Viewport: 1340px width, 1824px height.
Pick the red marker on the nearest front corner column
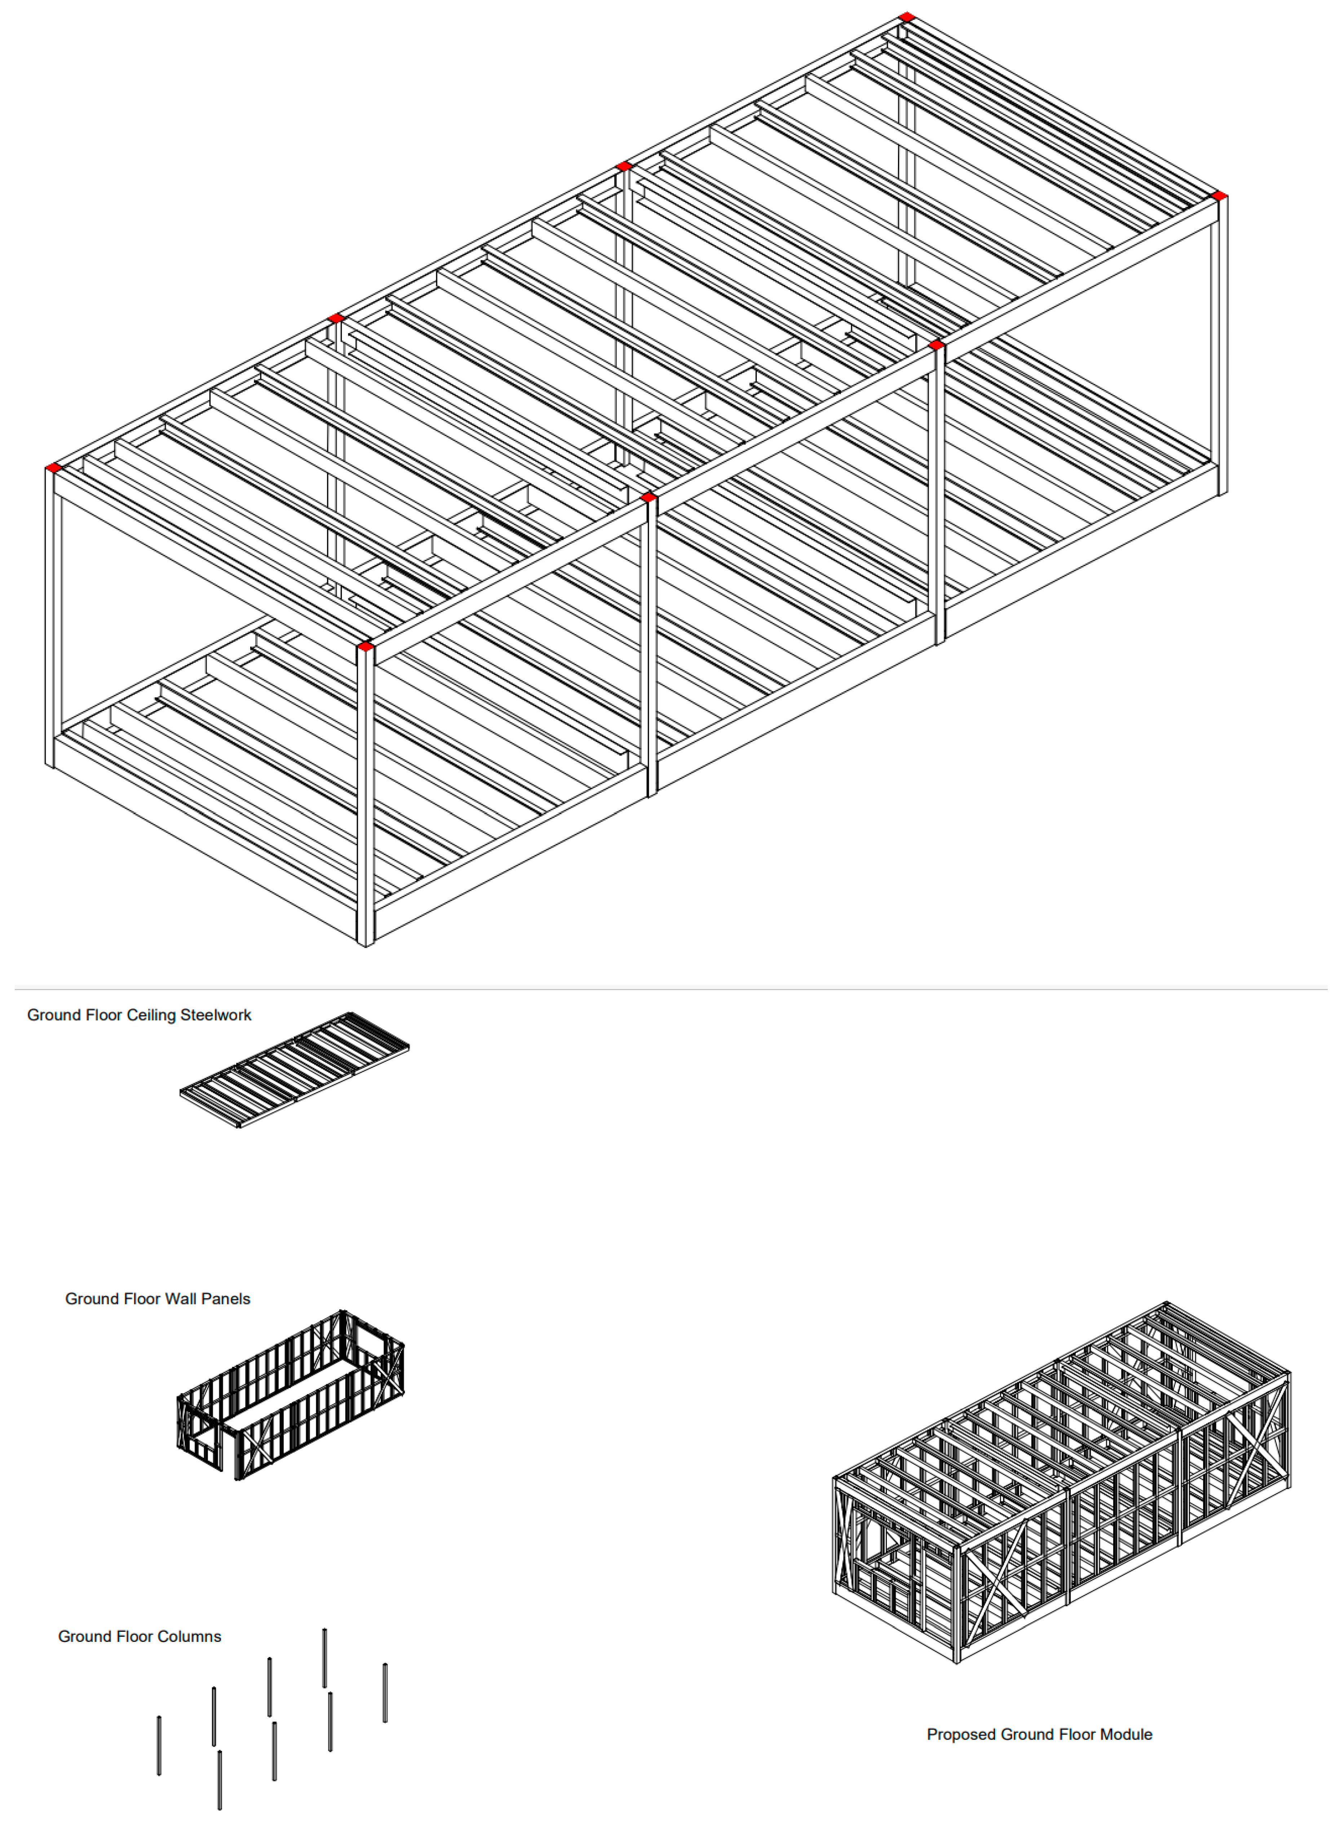pyautogui.click(x=365, y=646)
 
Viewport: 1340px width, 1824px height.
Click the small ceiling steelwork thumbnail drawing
pyautogui.click(x=295, y=1069)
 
